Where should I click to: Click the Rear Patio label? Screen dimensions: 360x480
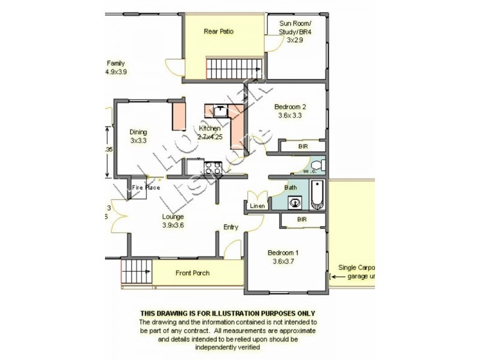(218, 31)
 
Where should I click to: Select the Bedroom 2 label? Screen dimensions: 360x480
(290, 107)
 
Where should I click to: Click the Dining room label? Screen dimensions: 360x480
(138, 133)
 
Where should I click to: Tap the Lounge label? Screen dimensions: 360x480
(173, 217)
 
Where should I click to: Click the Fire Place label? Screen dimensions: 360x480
(146, 188)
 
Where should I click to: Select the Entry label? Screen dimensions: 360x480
(231, 227)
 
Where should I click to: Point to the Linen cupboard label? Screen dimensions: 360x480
(257, 207)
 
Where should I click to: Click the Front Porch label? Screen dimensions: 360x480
(193, 273)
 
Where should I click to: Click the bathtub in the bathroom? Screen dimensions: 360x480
(318, 195)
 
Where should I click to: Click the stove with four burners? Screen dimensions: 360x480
(213, 167)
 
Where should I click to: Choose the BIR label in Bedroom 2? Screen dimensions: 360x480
(302, 146)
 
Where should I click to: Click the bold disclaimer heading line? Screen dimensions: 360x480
(227, 313)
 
